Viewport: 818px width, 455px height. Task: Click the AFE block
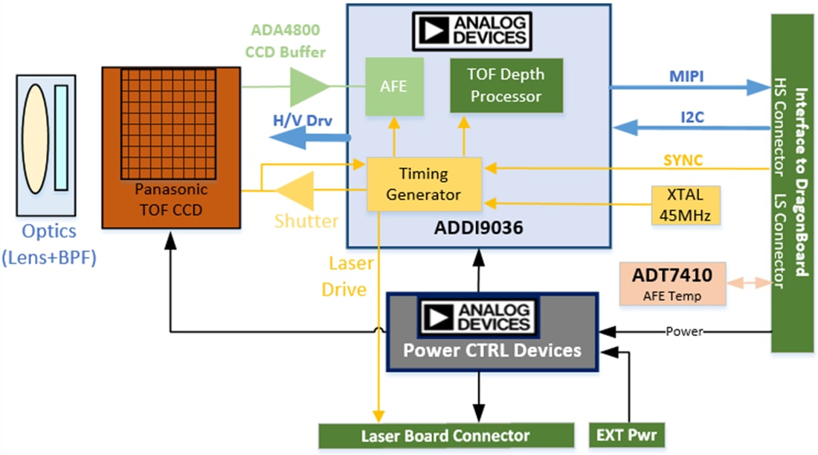tap(393, 87)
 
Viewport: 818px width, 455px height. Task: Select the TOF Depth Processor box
tap(506, 85)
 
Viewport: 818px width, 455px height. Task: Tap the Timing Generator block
tap(423, 184)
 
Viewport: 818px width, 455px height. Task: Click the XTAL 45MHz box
tap(685, 204)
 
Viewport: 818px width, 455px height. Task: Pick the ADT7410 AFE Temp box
tap(672, 283)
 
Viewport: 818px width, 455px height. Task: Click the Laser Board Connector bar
tap(445, 436)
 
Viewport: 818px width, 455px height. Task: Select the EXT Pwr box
tap(626, 435)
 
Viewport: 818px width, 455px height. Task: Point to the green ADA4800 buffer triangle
tap(306, 87)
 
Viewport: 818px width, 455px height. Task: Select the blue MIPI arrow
tap(688, 87)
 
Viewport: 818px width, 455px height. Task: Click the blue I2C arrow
tap(688, 128)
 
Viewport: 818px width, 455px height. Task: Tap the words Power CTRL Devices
tap(492, 349)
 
